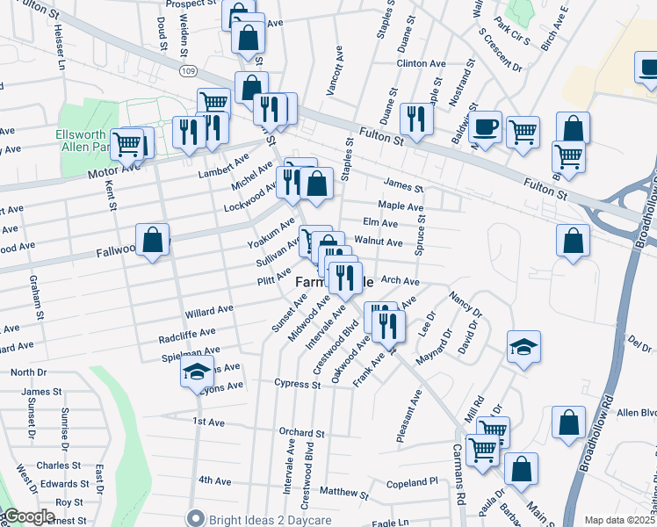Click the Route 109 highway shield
(x=185, y=69)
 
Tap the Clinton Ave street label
(x=421, y=64)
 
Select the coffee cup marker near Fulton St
(x=485, y=126)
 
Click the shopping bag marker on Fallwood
(x=153, y=240)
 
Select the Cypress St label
(x=297, y=385)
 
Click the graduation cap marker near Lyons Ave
(x=197, y=372)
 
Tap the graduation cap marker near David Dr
(x=523, y=347)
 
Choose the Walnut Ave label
(x=378, y=242)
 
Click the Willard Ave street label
(x=208, y=311)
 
